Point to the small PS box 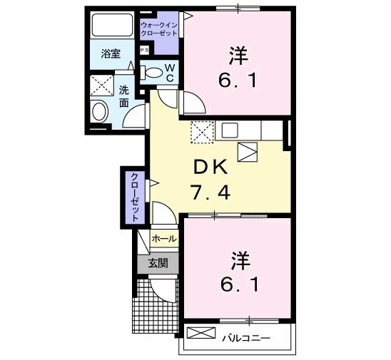point(144,50)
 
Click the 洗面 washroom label point(124,96)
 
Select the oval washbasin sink point(100,112)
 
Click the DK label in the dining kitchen point(210,167)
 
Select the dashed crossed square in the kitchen point(201,132)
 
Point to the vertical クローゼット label point(133,197)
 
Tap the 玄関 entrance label point(158,262)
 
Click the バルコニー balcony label point(245,335)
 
